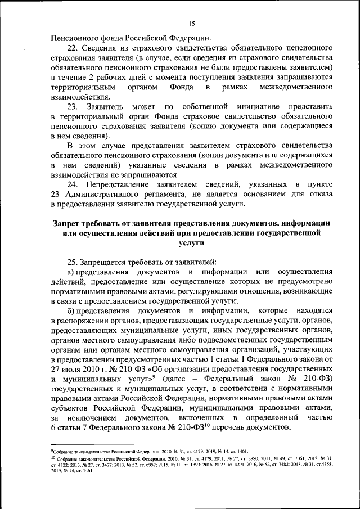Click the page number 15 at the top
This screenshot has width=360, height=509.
tap(191, 23)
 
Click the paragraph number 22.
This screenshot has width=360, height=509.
tap(73, 48)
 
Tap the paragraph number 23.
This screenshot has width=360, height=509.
tap(73, 106)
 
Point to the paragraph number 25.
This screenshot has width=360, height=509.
tap(73, 262)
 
